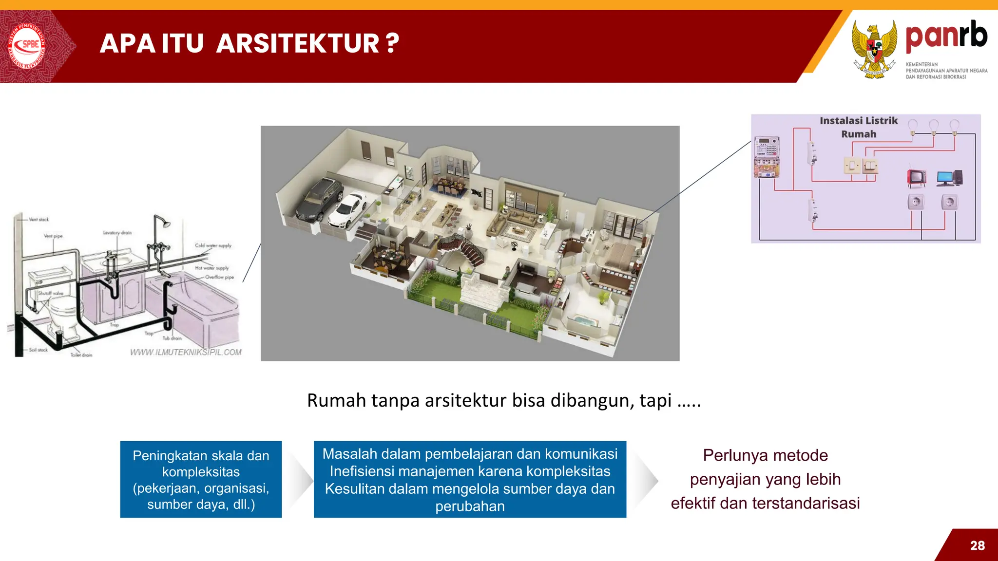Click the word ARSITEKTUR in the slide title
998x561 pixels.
[x=297, y=43]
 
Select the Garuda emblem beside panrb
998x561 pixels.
[x=875, y=49]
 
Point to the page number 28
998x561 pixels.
[x=977, y=545]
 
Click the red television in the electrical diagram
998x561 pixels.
[x=917, y=178]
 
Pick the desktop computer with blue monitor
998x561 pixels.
[x=948, y=178]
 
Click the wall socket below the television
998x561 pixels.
[x=916, y=202]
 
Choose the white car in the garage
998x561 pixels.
[x=348, y=209]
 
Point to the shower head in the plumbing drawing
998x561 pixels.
[x=167, y=224]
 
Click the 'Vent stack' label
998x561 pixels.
[x=39, y=220]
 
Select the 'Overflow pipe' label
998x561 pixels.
[x=219, y=277]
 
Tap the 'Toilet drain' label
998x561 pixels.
[x=81, y=355]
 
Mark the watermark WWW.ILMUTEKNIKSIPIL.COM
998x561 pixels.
[x=186, y=352]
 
